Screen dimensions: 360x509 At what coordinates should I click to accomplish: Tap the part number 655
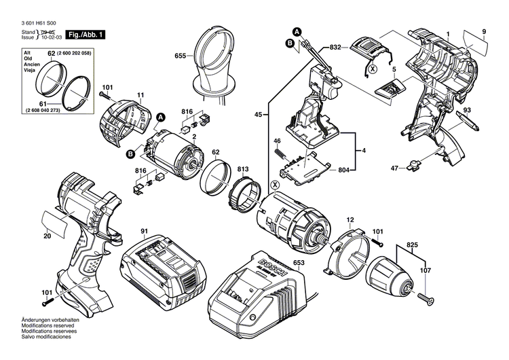pos(180,56)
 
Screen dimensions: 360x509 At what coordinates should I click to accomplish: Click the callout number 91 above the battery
pos(144,232)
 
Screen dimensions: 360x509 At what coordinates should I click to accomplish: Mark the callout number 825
pos(412,242)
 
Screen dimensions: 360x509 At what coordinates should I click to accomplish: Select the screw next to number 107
pos(426,296)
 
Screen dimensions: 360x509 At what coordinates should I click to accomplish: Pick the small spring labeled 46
pos(278,154)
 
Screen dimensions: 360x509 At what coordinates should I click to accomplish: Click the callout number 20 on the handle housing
pos(47,236)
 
